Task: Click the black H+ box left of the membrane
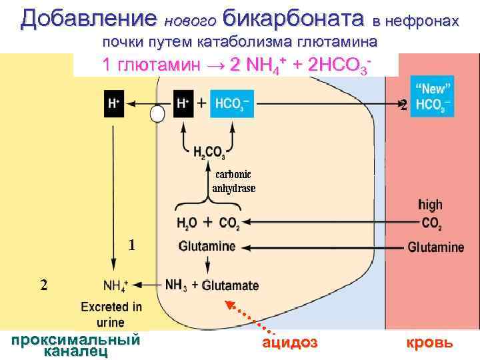[114, 104]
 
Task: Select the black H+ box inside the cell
[183, 104]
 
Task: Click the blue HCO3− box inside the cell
[233, 104]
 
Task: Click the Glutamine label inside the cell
[207, 247]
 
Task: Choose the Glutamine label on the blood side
[435, 247]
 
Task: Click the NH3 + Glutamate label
[211, 285]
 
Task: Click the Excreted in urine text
[111, 314]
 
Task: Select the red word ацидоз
[289, 343]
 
